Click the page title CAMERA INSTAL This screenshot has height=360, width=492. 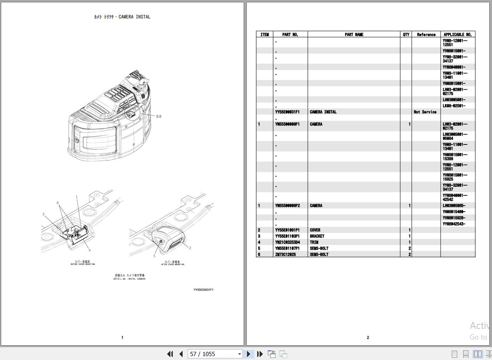122,17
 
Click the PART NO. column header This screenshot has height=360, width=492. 290,35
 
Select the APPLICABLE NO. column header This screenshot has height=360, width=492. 457,35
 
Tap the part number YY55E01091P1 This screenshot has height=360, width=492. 287,230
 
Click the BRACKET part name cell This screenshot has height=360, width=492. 317,236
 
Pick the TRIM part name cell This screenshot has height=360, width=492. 314,242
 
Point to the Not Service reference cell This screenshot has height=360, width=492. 425,112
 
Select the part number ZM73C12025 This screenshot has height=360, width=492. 285,254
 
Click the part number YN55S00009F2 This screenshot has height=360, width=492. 287,205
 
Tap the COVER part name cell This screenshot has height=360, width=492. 315,230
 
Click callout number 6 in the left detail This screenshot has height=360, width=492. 58,203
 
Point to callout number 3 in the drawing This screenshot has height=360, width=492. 43,214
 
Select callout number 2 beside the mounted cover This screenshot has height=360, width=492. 190,248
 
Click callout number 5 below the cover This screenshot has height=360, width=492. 154,256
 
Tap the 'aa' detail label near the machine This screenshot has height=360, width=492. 159,116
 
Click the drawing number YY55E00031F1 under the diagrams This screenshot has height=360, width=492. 203,290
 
